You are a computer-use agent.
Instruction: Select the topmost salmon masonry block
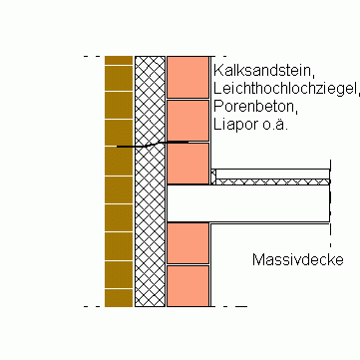[187, 76]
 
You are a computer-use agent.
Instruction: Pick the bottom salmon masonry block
[187, 285]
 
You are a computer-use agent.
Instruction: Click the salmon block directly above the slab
[187, 164]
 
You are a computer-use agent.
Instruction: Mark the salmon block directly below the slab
[187, 242]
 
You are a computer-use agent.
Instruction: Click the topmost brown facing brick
[119, 61]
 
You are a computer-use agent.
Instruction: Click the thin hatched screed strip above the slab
[274, 181]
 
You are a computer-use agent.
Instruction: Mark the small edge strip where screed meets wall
[212, 177]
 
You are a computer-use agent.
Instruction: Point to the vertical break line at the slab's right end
[330, 194]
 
